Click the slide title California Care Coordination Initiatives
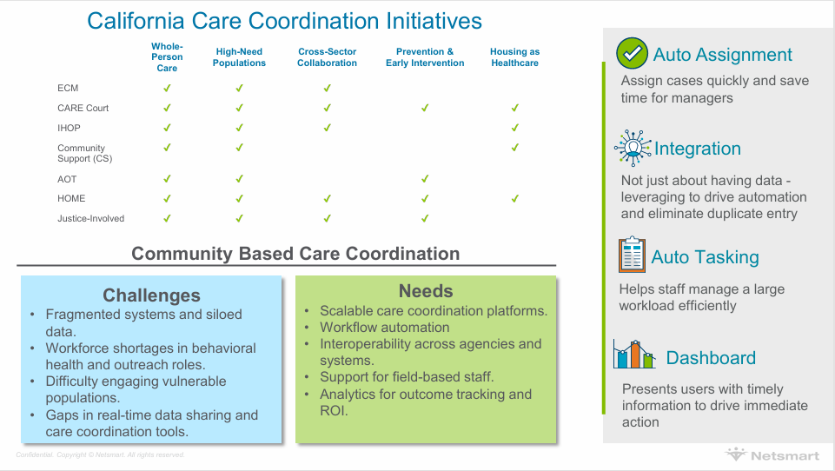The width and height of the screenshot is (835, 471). coord(284,21)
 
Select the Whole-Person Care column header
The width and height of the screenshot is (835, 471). coord(167,57)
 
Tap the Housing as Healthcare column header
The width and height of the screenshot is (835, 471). coord(514,57)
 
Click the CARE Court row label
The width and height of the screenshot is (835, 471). coord(83,108)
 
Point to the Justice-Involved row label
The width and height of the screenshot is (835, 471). coord(90,218)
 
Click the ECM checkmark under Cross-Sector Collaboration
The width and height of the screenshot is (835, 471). coord(327,88)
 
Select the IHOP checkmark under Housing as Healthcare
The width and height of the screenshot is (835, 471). coord(514,128)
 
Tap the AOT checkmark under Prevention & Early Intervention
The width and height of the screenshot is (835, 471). coord(425,179)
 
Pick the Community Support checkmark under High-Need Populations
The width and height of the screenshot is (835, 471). coord(239,149)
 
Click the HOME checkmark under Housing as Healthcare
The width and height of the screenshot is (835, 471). coord(514,199)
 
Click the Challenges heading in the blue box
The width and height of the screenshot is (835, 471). coord(151,295)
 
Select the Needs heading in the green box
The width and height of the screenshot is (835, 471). coord(426,290)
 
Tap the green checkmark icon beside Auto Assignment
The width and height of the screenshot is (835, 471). coord(632,53)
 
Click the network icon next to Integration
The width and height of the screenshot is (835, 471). coord(632,148)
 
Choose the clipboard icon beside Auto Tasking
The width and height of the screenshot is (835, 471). coord(632,255)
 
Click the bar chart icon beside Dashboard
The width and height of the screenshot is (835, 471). coord(633,355)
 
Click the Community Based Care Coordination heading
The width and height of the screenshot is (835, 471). coord(295,254)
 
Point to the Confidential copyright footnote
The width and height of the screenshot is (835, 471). coord(100,454)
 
